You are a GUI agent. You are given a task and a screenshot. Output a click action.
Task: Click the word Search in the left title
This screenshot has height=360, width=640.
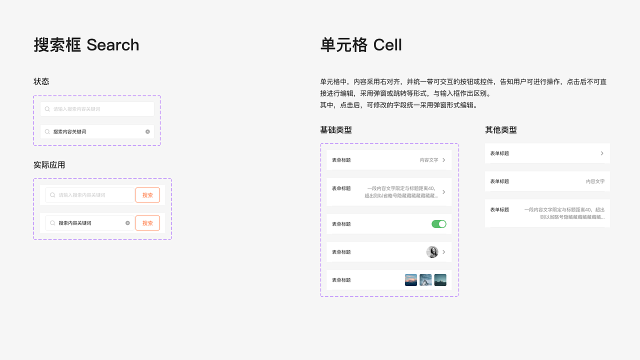[113, 45]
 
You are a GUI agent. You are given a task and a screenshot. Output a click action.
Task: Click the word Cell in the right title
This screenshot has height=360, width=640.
[387, 45]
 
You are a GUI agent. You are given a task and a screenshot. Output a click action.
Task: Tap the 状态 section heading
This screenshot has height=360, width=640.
[41, 81]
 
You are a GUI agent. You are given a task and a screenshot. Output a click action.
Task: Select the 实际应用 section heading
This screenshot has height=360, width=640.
[49, 165]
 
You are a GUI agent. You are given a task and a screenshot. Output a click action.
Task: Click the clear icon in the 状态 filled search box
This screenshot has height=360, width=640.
[147, 131]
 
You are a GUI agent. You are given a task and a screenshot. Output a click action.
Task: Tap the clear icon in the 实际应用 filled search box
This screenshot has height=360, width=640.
[127, 223]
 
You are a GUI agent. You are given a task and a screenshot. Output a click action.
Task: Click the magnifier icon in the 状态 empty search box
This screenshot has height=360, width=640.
[47, 109]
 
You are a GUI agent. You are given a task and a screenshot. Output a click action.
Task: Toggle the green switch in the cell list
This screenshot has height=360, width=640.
[438, 224]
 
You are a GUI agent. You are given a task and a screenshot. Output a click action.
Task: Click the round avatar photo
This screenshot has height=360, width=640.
[432, 252]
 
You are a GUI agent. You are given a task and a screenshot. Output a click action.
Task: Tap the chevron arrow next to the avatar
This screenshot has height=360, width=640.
[443, 252]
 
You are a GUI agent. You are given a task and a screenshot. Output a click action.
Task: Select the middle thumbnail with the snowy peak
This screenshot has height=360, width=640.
[425, 280]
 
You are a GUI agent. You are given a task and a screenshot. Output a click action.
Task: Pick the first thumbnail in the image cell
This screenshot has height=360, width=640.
[411, 280]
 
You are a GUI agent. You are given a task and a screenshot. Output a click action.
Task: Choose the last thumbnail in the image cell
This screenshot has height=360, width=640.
[440, 280]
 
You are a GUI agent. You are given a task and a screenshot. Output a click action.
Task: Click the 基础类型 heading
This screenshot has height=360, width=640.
[336, 130]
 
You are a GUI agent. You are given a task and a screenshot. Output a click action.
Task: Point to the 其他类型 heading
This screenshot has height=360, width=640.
[501, 130]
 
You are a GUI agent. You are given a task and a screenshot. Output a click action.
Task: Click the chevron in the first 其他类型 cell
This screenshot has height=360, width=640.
[602, 153]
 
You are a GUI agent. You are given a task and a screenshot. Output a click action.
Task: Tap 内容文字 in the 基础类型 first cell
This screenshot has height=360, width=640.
[429, 160]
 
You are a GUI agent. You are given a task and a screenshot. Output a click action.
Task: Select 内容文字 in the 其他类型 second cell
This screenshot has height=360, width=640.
[595, 181]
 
